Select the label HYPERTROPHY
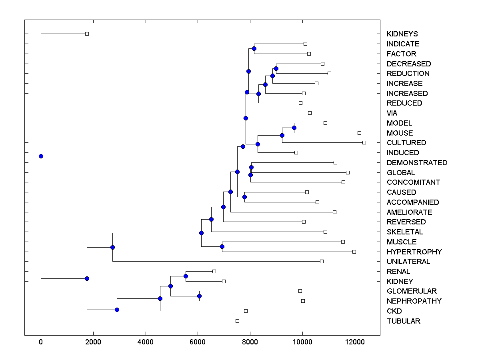[414, 252]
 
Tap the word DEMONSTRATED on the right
[417, 162]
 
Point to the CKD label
[394, 311]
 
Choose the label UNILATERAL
[408, 262]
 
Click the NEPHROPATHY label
[414, 301]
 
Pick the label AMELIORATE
[409, 212]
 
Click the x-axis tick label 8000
[250, 342]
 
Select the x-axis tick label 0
[41, 342]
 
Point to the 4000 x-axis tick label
[146, 342]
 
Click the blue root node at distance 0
[41, 156]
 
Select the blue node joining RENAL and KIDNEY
[186, 276]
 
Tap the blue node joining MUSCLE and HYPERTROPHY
[222, 246]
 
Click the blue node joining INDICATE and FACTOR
[254, 48]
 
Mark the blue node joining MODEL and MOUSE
[294, 128]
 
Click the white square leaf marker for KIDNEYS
[87, 34]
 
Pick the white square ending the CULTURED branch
[364, 142]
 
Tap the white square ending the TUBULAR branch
[237, 321]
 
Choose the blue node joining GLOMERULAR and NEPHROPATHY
[199, 296]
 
